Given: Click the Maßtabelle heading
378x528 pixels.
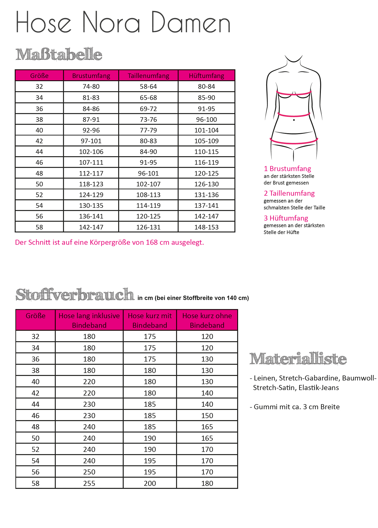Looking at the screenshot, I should coord(59,54).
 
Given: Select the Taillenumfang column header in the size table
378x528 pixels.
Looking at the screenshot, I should coord(148,76).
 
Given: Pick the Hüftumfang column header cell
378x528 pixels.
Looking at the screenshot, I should coord(206,76).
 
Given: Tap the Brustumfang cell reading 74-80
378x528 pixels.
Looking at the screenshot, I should coord(91,87).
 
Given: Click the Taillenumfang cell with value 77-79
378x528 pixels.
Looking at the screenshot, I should coord(148,130).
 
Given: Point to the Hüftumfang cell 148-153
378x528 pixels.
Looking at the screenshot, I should coord(206,227).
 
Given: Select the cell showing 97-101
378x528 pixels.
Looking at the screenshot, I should coord(91,141).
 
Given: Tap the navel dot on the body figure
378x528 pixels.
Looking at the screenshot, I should coord(294,120).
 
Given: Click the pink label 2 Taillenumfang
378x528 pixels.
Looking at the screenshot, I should coord(289,193).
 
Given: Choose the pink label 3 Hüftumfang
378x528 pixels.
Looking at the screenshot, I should coord(286,218).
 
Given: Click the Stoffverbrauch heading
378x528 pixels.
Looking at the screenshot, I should coord(75,295).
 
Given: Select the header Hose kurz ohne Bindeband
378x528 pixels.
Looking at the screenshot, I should coord(207,320).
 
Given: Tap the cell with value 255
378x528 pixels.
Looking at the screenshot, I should coord(89,483).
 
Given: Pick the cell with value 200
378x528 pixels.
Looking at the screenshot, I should coord(150,483).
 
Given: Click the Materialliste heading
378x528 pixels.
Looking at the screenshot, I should coord(298,359).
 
